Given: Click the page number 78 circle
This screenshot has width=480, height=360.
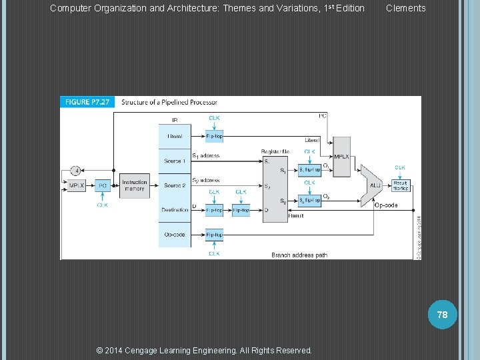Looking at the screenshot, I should [x=443, y=314].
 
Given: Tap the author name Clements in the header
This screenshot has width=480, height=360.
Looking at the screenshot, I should [x=405, y=8].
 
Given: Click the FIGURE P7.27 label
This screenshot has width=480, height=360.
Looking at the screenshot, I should [x=87, y=102].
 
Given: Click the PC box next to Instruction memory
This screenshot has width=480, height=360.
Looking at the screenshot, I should [x=103, y=185].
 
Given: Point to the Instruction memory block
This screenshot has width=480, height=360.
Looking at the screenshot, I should [x=135, y=185].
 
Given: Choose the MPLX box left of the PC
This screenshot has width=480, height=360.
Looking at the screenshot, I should [x=77, y=185].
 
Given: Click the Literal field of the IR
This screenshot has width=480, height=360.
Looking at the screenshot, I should [x=175, y=137].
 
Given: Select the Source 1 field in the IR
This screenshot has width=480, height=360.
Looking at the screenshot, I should [x=175, y=161].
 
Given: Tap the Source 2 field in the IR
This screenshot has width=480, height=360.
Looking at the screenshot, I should [x=175, y=185].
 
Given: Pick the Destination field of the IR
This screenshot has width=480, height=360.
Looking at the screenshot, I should [x=175, y=210].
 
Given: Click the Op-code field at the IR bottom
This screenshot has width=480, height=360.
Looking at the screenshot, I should [x=175, y=235].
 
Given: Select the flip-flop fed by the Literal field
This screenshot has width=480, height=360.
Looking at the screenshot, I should [x=214, y=137].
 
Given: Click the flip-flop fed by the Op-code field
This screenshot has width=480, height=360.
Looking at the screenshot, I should [x=214, y=235].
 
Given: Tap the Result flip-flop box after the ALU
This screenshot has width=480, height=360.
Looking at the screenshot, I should [x=400, y=185].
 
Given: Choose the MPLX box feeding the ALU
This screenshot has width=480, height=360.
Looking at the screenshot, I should [x=341, y=157].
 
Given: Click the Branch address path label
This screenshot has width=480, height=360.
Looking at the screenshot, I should [x=299, y=255].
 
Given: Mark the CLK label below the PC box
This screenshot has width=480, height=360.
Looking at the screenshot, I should [x=103, y=205].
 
